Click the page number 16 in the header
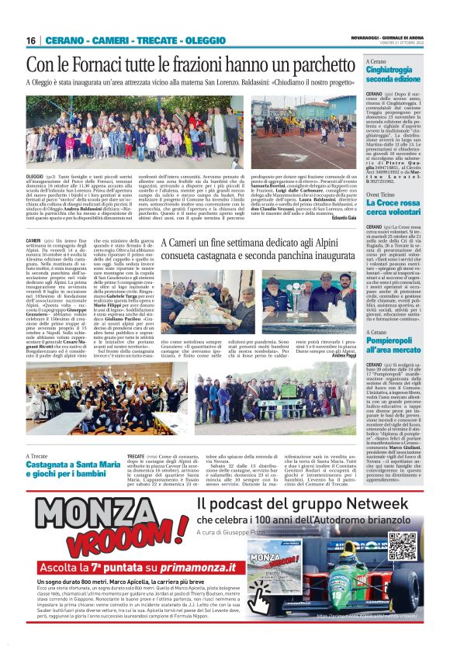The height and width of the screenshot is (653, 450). (31, 40)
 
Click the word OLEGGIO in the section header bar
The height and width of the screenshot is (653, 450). (189, 40)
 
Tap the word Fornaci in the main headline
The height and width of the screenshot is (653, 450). (96, 64)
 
